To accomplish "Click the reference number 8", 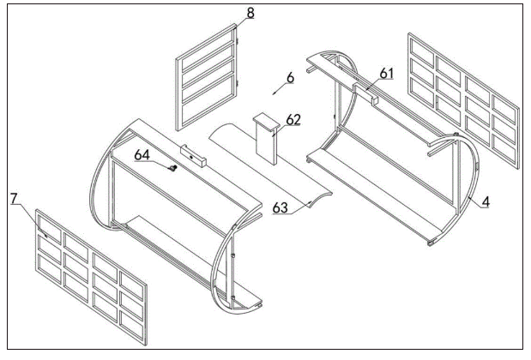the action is coord(250,13).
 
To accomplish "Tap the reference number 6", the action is coord(290,78).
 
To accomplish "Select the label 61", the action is coord(386,73).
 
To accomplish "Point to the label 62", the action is coord(293,119).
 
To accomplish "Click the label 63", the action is coord(281,207).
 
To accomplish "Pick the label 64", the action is coord(142,155).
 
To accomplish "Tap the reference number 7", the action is coord(14,199).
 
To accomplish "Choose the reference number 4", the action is coord(486,201).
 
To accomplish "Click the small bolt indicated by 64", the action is coord(174,167).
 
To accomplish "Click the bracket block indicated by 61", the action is coord(365,93).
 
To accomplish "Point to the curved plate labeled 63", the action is coord(270,165).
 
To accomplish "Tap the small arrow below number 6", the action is coord(279,89).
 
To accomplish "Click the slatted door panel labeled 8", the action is coord(207,77).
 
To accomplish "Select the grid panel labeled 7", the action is coord(92,277).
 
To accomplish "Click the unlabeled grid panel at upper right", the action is coord(463,100).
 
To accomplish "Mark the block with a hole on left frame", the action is coord(193,156).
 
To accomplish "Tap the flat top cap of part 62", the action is coord(267,122).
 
